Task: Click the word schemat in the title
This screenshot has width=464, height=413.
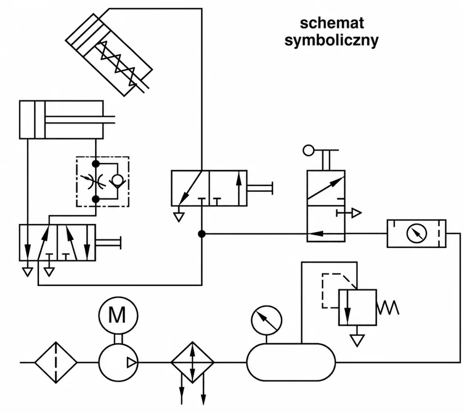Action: [332, 23]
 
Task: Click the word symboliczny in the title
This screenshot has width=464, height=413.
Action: [332, 40]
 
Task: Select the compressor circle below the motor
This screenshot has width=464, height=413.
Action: [118, 363]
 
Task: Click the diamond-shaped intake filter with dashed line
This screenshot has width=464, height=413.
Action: [56, 363]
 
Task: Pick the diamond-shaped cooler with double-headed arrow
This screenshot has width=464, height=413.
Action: [193, 363]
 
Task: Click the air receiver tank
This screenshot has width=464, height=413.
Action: [291, 362]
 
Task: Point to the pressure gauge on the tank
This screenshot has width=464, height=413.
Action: [266, 321]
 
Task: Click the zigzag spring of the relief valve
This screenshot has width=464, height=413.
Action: [388, 308]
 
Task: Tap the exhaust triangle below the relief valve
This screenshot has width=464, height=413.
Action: [357, 340]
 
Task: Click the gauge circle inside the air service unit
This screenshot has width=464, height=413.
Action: [416, 234]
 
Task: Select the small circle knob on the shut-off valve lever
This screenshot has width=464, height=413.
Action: [308, 150]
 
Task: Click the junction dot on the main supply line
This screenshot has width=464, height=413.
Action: [202, 234]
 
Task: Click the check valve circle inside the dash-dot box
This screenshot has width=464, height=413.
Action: [118, 180]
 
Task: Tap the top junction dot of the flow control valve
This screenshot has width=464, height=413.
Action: [96, 164]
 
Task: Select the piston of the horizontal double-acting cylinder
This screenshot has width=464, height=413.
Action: [40, 120]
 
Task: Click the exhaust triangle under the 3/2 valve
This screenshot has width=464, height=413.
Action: [179, 217]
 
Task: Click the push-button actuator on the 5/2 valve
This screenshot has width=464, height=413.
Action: [108, 243]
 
